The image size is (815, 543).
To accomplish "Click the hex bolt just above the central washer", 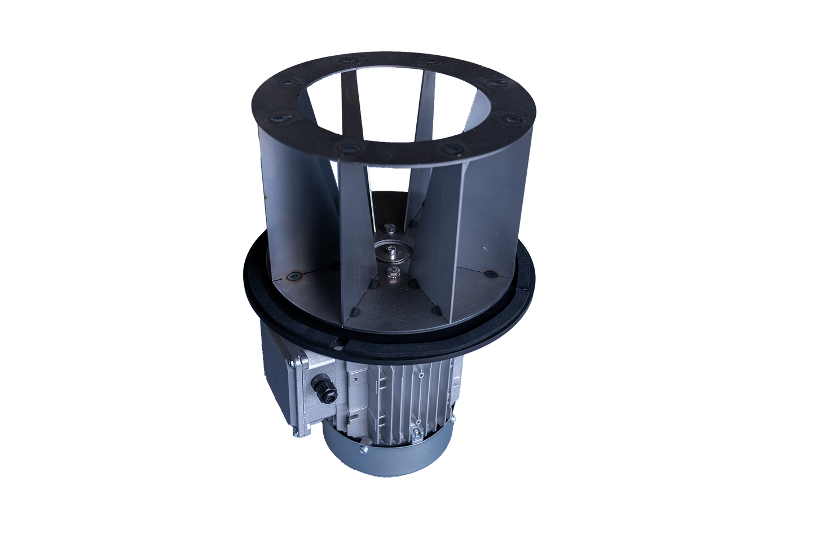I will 389,228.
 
